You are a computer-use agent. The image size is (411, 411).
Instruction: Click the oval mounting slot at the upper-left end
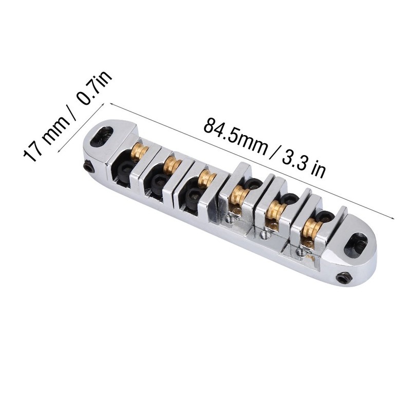pyautogui.click(x=104, y=134)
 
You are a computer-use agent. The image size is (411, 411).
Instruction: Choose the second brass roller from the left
pyautogui.click(x=170, y=164)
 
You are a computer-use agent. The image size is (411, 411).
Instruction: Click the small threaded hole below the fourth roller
pyautogui.click(x=229, y=219)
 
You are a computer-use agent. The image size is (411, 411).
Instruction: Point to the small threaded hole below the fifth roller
pyautogui.click(x=265, y=235)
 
